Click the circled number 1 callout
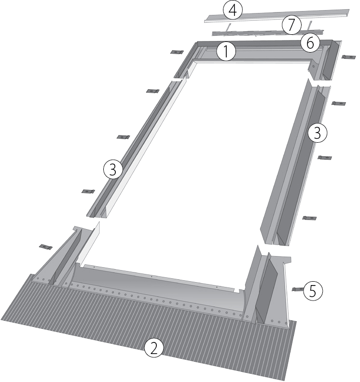click(226, 52)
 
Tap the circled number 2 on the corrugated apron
click(154, 349)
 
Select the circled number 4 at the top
click(233, 11)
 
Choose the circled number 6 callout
click(310, 43)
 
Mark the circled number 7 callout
click(291, 25)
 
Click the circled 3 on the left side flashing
click(113, 170)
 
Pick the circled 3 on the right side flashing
click(318, 133)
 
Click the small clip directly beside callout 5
click(298, 289)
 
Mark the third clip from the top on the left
click(124, 137)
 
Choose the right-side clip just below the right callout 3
click(325, 158)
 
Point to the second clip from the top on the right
click(339, 103)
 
